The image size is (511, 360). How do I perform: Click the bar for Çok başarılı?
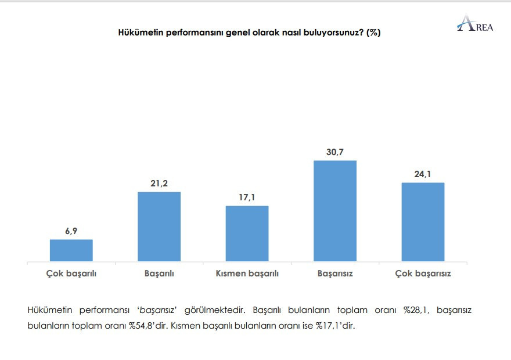71,250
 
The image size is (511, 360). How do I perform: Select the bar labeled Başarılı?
159,226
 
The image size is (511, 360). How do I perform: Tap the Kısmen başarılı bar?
247,233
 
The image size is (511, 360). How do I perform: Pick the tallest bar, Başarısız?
335,211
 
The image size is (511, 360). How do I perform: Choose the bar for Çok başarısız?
423,222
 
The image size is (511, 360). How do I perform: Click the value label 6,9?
71,231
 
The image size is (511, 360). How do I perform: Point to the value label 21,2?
159,183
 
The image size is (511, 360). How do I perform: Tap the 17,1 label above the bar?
247,197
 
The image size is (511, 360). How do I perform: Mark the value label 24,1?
423,174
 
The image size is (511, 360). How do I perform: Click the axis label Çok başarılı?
71,273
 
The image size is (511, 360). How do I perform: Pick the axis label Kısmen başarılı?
247,273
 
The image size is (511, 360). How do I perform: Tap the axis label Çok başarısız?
423,273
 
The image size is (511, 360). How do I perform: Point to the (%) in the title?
373,33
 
